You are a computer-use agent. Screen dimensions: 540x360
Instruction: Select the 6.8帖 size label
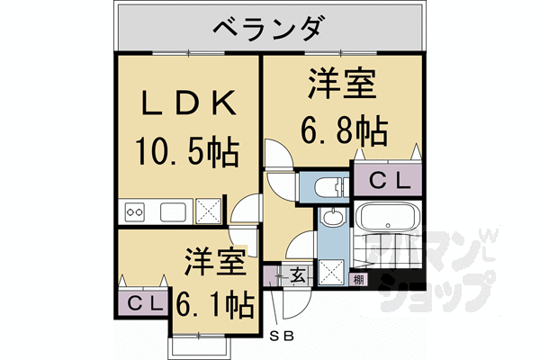tap(342, 131)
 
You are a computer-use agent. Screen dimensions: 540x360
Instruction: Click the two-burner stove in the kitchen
tap(136, 212)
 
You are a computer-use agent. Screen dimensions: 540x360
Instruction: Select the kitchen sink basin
tap(173, 211)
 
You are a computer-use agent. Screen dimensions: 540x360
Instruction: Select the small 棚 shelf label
tap(358, 279)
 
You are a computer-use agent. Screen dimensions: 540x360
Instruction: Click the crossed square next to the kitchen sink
tap(210, 211)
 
